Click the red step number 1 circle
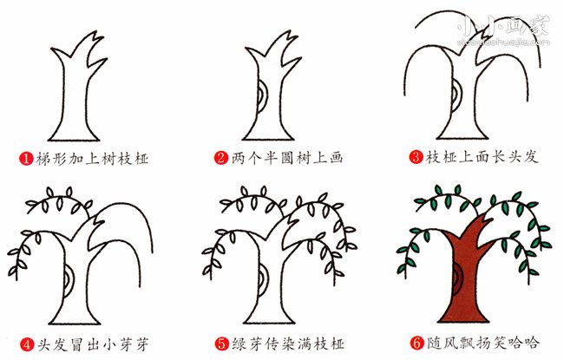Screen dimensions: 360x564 point(26,159)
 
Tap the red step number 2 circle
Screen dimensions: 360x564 point(222,159)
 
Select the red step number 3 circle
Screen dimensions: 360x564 point(417,159)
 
